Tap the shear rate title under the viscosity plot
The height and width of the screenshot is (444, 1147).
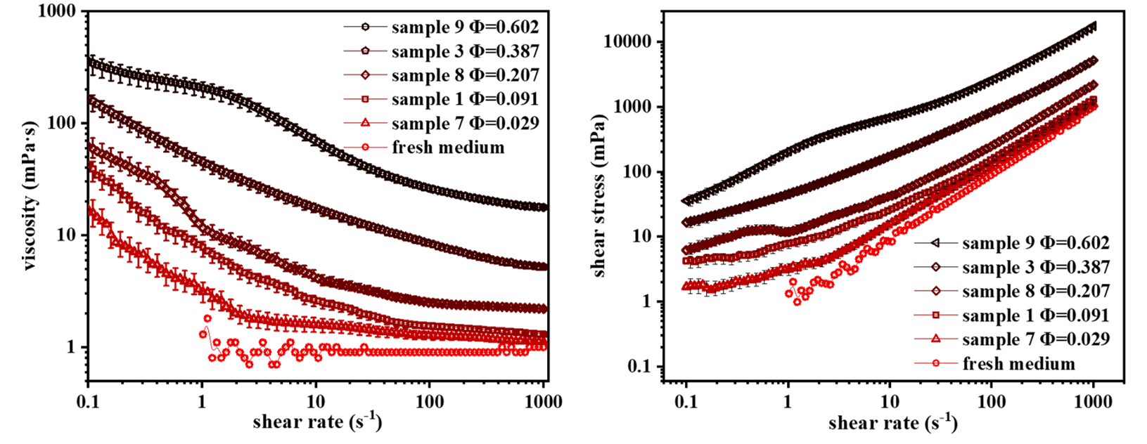pos(317,422)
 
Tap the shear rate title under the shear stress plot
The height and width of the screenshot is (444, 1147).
pos(892,422)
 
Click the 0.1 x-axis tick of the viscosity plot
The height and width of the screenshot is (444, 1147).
pos(89,402)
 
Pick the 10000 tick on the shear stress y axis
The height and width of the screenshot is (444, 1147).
pos(630,41)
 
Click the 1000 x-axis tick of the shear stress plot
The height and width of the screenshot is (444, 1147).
pos(1094,402)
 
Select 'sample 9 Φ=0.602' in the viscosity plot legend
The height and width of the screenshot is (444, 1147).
pos(466,27)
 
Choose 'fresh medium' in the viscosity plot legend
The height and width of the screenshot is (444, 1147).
pos(448,148)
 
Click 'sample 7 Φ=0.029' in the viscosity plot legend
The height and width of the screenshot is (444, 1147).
pos(466,123)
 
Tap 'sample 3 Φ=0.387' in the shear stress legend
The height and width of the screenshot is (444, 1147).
pos(1036,267)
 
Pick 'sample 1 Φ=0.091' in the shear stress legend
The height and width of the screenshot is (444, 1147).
pos(1036,315)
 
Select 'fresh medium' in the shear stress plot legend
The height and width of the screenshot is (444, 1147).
pos(1018,364)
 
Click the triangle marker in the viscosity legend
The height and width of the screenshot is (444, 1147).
pos(365,123)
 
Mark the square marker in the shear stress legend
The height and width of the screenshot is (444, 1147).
pos(935,315)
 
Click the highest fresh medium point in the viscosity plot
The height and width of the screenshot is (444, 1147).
pos(207,318)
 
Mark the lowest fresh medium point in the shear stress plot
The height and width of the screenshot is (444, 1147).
pos(797,302)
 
